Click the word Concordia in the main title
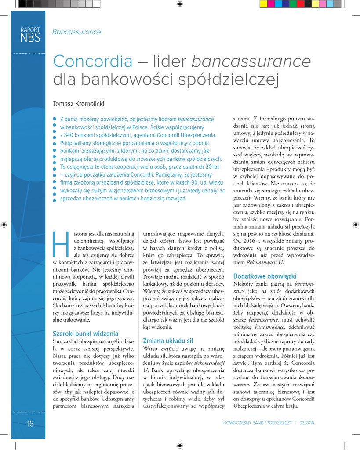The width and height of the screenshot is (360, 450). click(x=92, y=62)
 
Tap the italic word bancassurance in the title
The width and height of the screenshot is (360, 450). click(x=251, y=62)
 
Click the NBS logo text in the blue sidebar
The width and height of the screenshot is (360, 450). click(x=30, y=38)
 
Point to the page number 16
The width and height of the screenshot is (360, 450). click(x=30, y=424)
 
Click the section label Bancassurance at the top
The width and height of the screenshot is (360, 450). click(x=76, y=32)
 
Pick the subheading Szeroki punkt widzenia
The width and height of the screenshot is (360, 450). click(x=85, y=334)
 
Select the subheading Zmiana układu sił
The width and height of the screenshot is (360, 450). click(x=168, y=341)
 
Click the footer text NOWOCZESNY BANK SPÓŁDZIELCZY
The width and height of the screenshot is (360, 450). click(x=258, y=423)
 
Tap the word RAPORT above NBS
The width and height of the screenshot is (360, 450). click(x=30, y=30)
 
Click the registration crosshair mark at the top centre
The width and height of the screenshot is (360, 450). click(x=180, y=4)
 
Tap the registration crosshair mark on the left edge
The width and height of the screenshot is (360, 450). click(x=4, y=225)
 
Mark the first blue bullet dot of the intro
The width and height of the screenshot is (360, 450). click(x=55, y=119)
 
